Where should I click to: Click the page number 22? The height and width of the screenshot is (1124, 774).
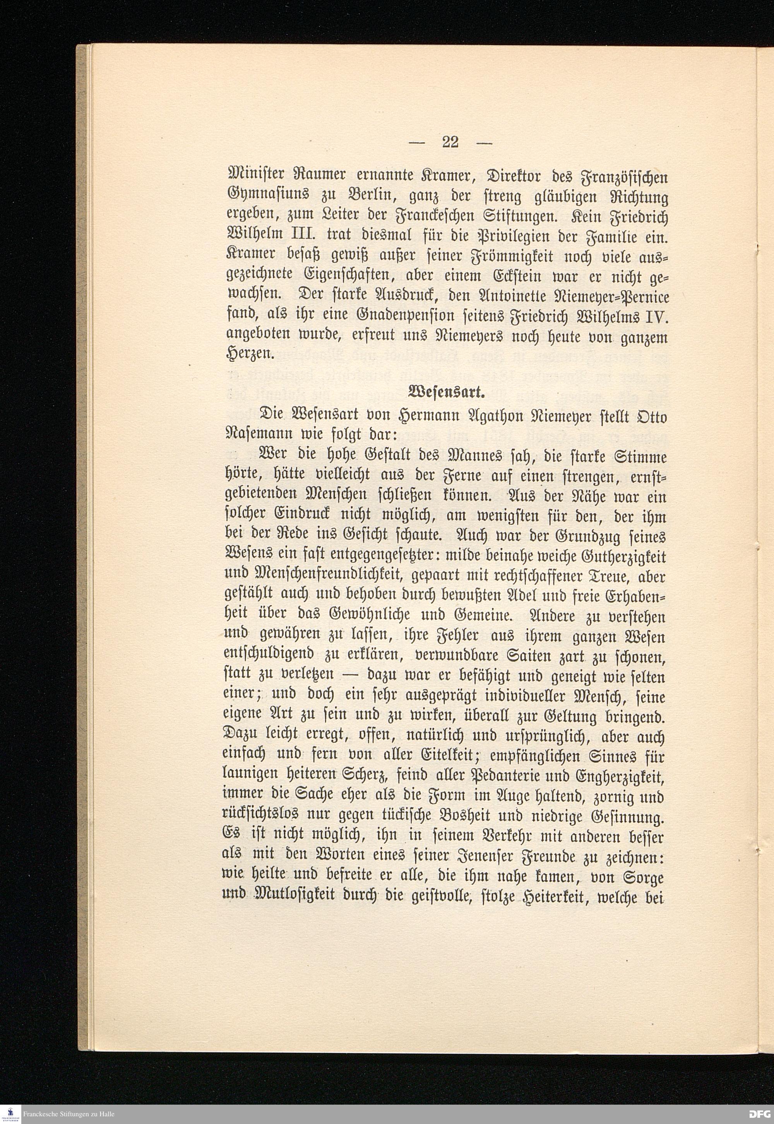450,142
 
